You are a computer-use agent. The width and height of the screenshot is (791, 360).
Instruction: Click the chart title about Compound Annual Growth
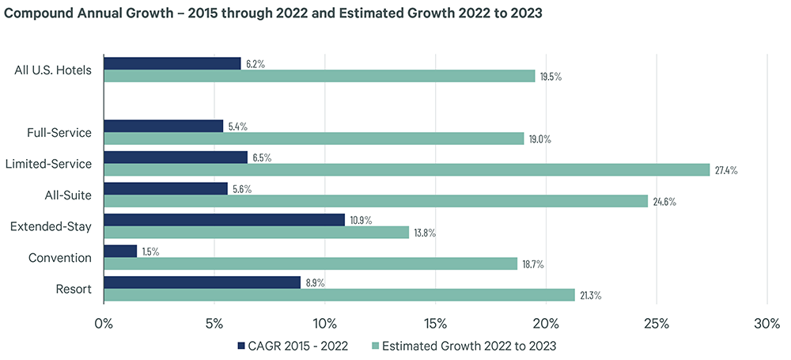(274, 14)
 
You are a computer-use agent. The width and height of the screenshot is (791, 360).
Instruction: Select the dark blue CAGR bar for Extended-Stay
(224, 219)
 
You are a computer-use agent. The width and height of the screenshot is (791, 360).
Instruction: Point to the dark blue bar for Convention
(120, 251)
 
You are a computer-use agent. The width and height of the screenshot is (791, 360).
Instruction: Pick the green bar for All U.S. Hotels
(320, 76)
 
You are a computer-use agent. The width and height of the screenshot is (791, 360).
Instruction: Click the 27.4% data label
(726, 170)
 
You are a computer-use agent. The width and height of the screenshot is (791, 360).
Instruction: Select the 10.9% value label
(362, 219)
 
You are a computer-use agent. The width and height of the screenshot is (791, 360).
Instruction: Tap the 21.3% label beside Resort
(591, 295)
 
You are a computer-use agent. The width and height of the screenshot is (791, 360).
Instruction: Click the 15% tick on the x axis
(435, 324)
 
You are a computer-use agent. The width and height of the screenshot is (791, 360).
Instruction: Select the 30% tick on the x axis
(767, 324)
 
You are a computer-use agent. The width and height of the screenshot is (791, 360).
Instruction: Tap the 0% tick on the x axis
(104, 324)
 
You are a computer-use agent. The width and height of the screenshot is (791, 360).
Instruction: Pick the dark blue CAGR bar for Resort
(202, 282)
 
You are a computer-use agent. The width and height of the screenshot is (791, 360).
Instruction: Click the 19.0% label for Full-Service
(540, 139)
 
